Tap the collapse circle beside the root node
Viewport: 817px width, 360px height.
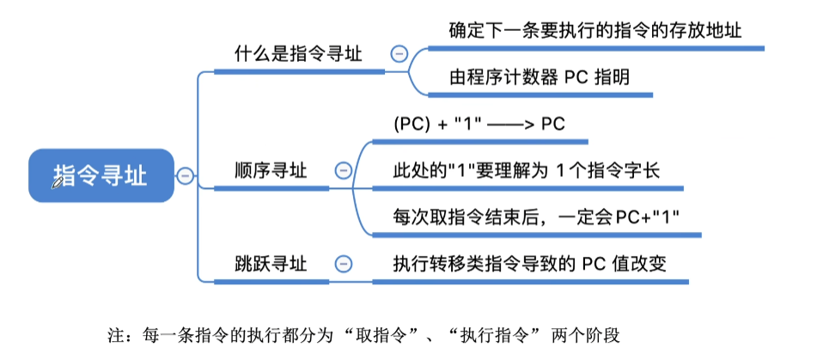(x=186, y=176)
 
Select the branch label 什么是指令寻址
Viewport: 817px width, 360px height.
(x=298, y=53)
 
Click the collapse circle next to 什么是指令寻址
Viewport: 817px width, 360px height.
(x=399, y=53)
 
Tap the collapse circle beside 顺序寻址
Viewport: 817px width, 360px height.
(x=343, y=170)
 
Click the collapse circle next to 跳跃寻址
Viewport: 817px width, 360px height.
(x=343, y=263)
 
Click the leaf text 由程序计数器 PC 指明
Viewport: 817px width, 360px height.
(x=539, y=76)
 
